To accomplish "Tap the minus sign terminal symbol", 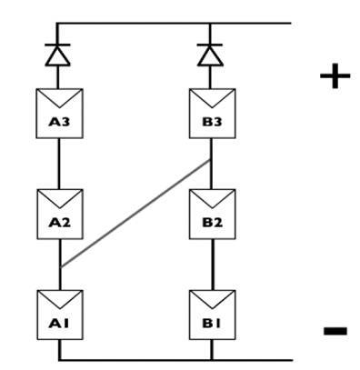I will pos(335,330).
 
